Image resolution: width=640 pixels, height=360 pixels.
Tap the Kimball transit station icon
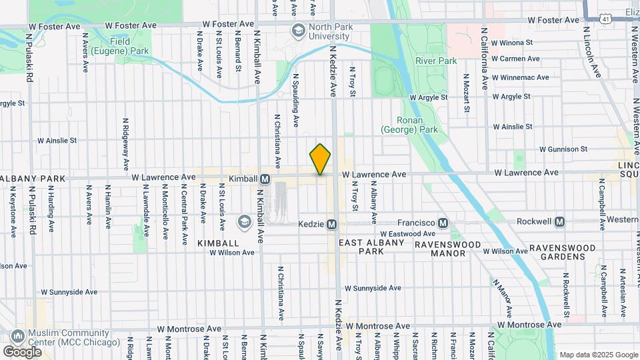click(x=265, y=179)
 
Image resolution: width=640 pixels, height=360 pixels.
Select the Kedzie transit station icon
click(x=331, y=224)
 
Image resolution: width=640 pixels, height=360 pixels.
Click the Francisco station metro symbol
click(x=441, y=222)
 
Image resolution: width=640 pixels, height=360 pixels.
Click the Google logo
click(x=22, y=352)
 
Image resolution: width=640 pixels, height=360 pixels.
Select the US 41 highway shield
click(x=605, y=19)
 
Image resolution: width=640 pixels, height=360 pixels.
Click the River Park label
click(x=436, y=61)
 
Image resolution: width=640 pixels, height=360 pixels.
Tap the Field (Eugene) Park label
click(x=129, y=46)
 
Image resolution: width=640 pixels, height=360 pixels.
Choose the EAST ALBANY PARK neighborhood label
click(x=372, y=247)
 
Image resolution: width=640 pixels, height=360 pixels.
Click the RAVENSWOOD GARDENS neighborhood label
click(x=562, y=252)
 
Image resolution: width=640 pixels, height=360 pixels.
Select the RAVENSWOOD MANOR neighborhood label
click(x=448, y=249)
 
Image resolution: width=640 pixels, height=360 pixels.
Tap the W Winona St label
click(x=511, y=42)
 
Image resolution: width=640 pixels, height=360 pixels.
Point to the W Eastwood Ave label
click(x=407, y=234)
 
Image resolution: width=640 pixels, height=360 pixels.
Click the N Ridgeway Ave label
click(x=125, y=145)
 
